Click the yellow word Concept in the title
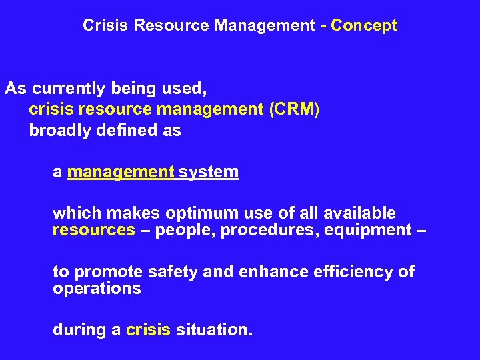pos(364,26)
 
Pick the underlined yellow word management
pos(121,172)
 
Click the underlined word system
pos(209,172)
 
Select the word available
pos(359,213)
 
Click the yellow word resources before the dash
pos(94,231)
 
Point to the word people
pos(185,231)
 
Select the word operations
pos(97,289)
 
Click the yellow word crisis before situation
pos(148,329)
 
